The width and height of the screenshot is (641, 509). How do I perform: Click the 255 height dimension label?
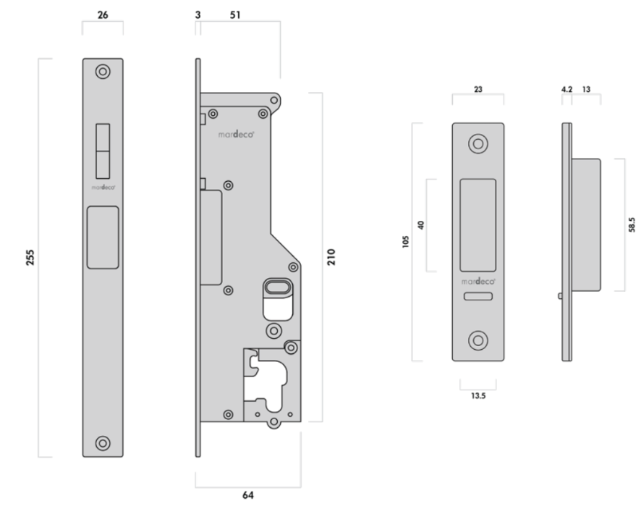[x=30, y=257]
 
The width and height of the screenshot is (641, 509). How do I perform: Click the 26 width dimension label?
[x=103, y=15]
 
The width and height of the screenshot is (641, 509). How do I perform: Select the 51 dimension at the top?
[x=235, y=15]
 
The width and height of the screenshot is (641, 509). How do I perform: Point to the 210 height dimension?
[x=331, y=257]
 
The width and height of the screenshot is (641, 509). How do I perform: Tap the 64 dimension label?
[x=248, y=495]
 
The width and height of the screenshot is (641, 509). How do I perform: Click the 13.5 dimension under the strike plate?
[x=478, y=395]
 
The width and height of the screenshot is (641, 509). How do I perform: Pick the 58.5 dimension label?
[x=632, y=224]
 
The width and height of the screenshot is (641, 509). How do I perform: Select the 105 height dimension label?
[x=406, y=241]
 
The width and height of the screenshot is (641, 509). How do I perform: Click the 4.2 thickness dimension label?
[x=566, y=89]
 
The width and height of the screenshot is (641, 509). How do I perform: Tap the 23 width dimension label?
[x=478, y=89]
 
